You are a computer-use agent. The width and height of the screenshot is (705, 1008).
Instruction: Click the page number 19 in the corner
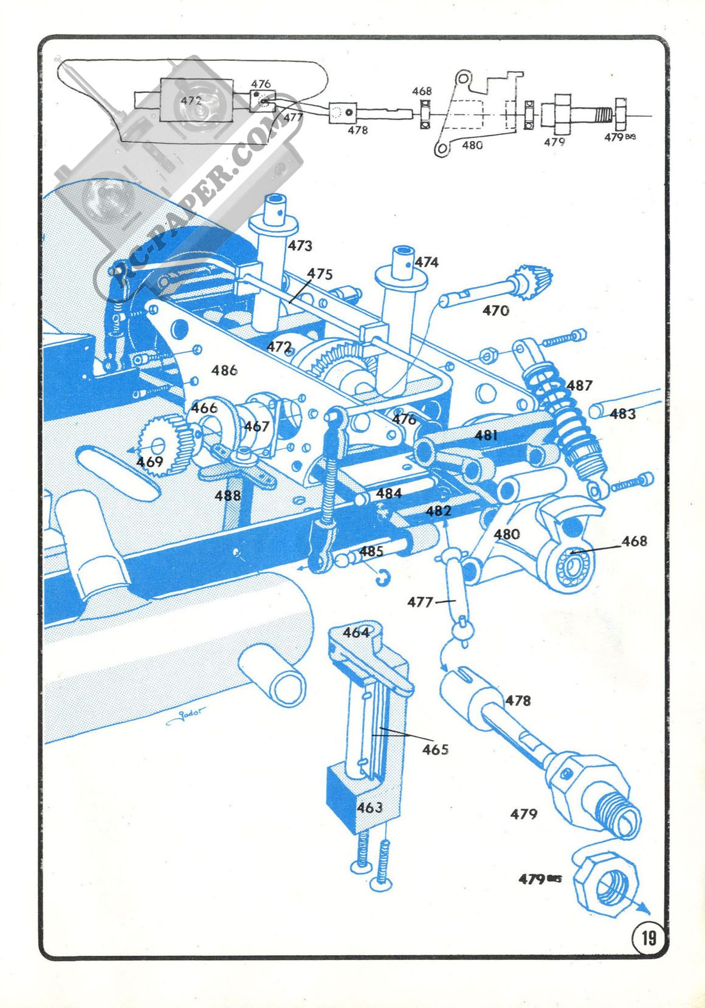click(x=648, y=938)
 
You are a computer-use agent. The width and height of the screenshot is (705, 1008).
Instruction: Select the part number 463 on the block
click(x=370, y=807)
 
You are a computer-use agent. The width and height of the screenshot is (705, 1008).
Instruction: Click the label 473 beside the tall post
click(x=300, y=245)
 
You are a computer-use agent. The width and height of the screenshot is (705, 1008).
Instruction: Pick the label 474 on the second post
click(x=427, y=262)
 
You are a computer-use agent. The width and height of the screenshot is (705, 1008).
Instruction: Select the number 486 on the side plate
click(x=224, y=370)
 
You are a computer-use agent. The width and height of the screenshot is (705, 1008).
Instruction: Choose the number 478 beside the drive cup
click(x=518, y=701)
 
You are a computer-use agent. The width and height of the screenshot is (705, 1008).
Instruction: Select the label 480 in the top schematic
click(x=472, y=145)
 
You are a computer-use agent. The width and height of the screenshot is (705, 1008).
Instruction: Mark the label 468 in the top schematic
click(x=422, y=91)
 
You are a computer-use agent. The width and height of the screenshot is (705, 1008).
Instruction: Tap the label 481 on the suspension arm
click(x=487, y=435)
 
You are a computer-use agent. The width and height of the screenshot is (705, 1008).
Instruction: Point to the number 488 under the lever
click(x=228, y=496)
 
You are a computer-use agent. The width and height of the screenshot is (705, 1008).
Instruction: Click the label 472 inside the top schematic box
click(x=191, y=101)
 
